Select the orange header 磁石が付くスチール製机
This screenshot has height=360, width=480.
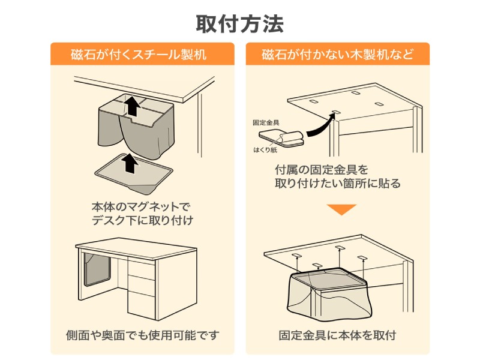click(x=142, y=55)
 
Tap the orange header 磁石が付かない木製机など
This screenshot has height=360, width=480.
click(x=337, y=55)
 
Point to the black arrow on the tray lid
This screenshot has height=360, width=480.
click(x=128, y=163)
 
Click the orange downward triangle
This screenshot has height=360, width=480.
click(x=341, y=210)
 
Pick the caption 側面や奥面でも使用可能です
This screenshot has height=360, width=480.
click(x=142, y=335)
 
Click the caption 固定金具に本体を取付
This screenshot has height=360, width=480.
click(x=337, y=335)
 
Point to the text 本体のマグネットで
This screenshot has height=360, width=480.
click(x=142, y=206)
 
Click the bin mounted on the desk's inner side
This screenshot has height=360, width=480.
click(x=97, y=268)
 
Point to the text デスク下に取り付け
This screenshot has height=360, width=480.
click(x=142, y=220)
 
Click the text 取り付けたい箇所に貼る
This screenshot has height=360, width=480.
click(x=337, y=184)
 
